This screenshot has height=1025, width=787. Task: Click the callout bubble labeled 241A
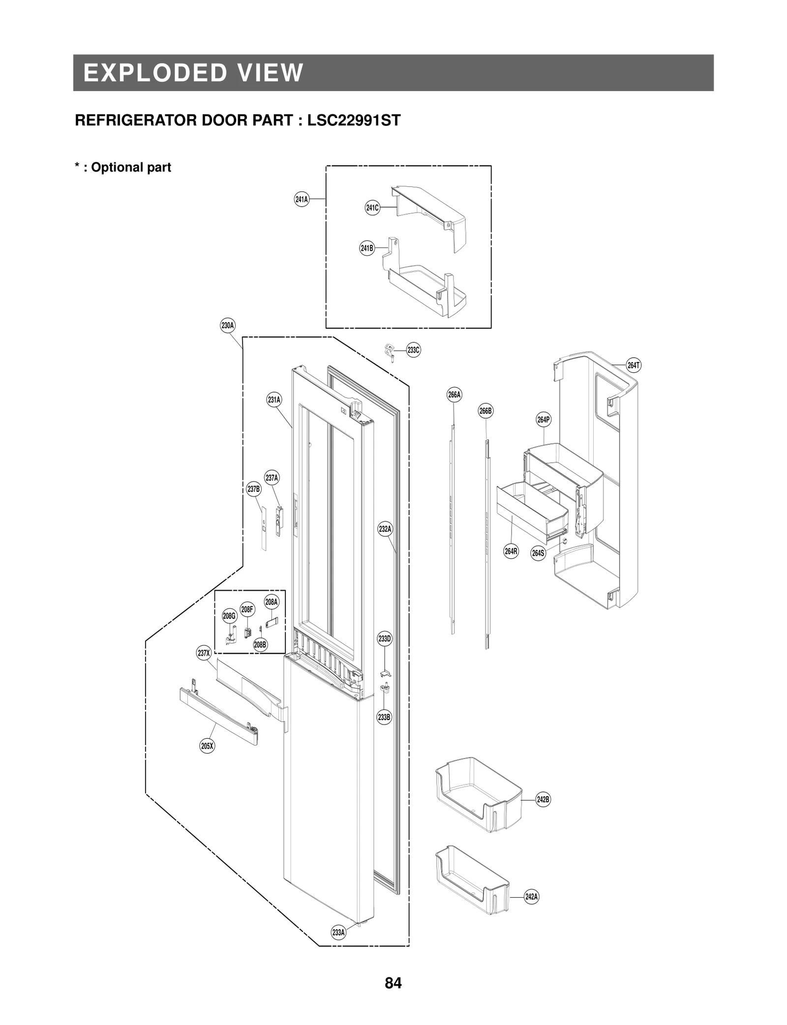[302, 199]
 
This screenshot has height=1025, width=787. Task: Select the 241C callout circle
[372, 208]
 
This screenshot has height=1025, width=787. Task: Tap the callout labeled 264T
[634, 365]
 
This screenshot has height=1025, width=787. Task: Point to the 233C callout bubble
[414, 350]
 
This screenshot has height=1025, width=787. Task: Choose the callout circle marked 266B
[485, 411]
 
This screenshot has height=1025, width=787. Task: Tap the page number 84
[393, 983]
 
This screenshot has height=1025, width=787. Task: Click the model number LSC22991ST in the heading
[354, 121]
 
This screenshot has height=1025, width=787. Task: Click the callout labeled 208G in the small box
[230, 616]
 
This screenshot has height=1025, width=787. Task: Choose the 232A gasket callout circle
[385, 529]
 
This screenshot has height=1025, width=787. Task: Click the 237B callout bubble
[254, 489]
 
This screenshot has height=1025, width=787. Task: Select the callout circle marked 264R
[511, 551]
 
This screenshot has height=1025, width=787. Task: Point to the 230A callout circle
[227, 326]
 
